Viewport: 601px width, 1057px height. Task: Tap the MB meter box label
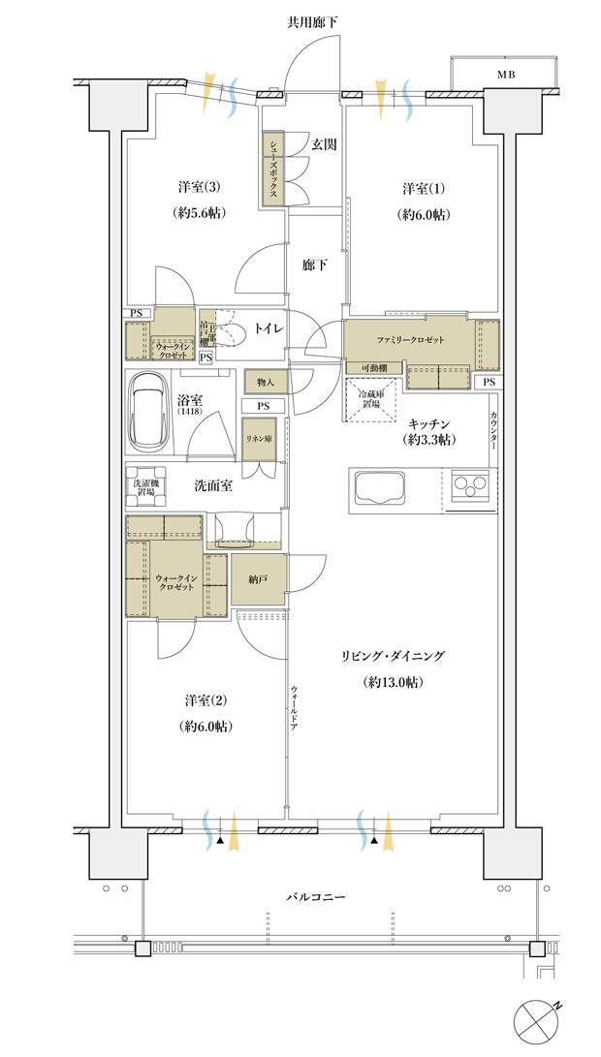506,74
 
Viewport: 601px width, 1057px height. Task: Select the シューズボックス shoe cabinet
274,168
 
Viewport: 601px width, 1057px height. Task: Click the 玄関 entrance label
324,144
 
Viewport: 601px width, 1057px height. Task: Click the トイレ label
268,329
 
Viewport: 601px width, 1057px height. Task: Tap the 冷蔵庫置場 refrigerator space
368,398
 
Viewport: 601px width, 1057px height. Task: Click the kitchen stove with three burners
470,485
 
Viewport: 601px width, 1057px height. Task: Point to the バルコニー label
316,897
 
